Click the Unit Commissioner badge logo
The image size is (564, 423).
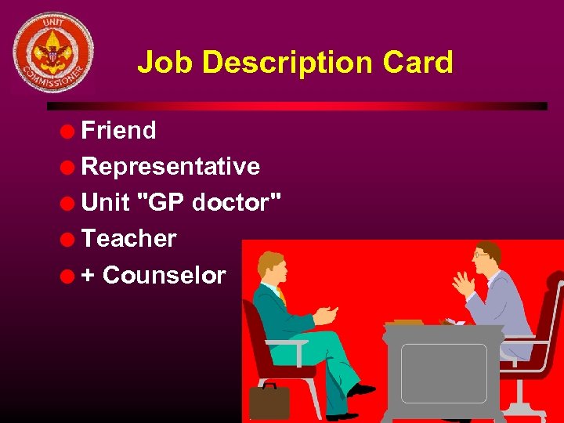pos(52,52)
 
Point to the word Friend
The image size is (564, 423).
pos(118,131)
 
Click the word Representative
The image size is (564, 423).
pos(171,167)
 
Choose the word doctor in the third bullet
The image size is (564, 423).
pos(233,203)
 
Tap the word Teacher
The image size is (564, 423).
pos(129,239)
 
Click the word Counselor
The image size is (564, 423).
pos(164,276)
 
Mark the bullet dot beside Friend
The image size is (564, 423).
pos(70,132)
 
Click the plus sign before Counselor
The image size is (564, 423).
pos(89,276)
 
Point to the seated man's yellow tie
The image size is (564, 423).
pos(281,297)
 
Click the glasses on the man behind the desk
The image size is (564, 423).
pos(482,255)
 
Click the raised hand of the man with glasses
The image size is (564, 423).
pos(461,282)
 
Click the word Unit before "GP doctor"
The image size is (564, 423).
pos(105,203)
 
